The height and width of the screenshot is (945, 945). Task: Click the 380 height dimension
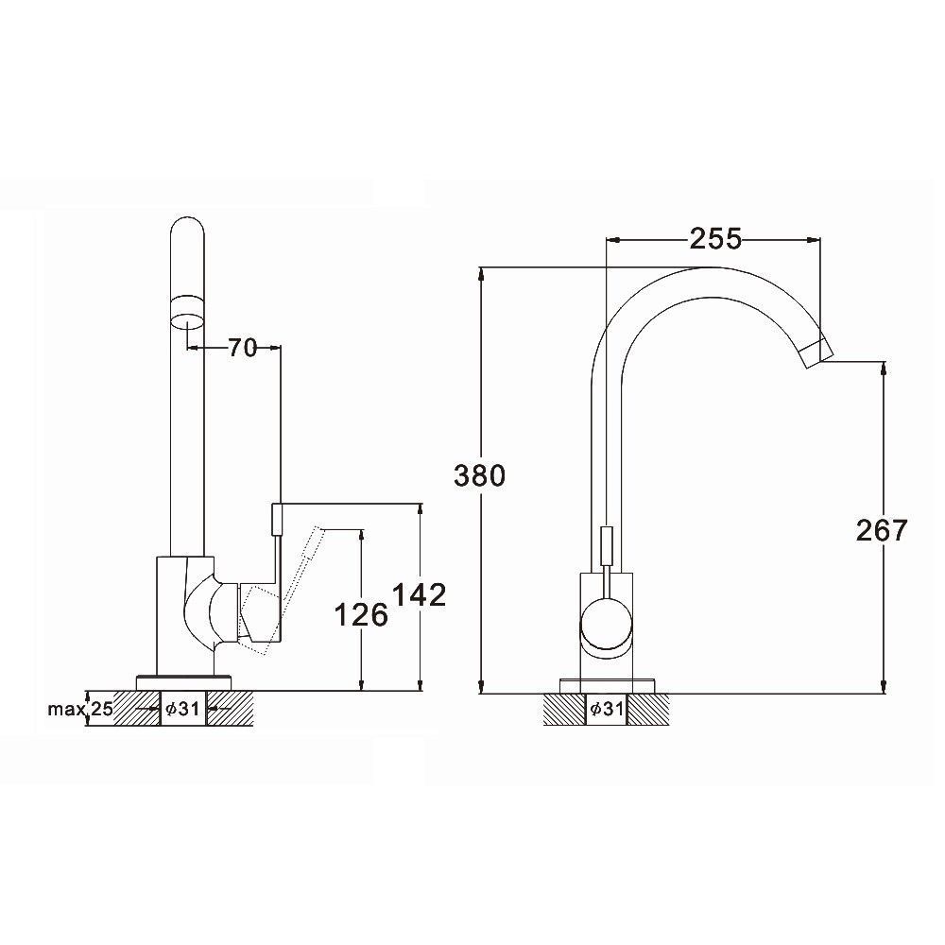479,475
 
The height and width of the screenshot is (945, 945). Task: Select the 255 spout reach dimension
715,239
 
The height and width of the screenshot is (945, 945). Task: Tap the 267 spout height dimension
882,530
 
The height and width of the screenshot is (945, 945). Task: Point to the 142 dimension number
420,594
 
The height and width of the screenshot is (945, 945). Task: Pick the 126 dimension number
360,615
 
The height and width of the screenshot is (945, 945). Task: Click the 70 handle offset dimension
242,348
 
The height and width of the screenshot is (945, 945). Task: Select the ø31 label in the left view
182,709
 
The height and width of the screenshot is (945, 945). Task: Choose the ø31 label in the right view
607,709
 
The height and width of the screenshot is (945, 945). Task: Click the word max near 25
66,710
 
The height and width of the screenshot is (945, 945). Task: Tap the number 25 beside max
102,709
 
